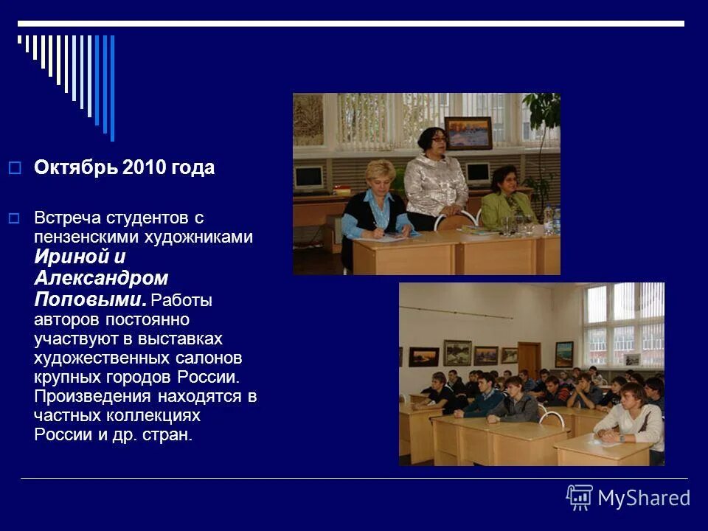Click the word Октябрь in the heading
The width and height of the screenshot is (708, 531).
pyautogui.click(x=76, y=168)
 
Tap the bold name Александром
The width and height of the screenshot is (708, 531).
pyautogui.click(x=101, y=279)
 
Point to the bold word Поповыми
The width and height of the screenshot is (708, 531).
pyautogui.click(x=88, y=299)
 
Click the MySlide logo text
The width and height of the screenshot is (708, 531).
pyautogui.click(x=643, y=499)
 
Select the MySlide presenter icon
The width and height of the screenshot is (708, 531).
pyautogui.click(x=580, y=498)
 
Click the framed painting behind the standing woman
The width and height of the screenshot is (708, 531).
pyautogui.click(x=468, y=133)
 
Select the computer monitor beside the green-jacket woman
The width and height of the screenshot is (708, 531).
pyautogui.click(x=478, y=173)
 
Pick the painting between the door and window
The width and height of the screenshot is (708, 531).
pyautogui.click(x=563, y=353)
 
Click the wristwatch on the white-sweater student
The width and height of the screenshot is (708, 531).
pyautogui.click(x=621, y=437)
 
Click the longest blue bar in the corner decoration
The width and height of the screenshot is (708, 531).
pyautogui.click(x=112, y=87)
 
